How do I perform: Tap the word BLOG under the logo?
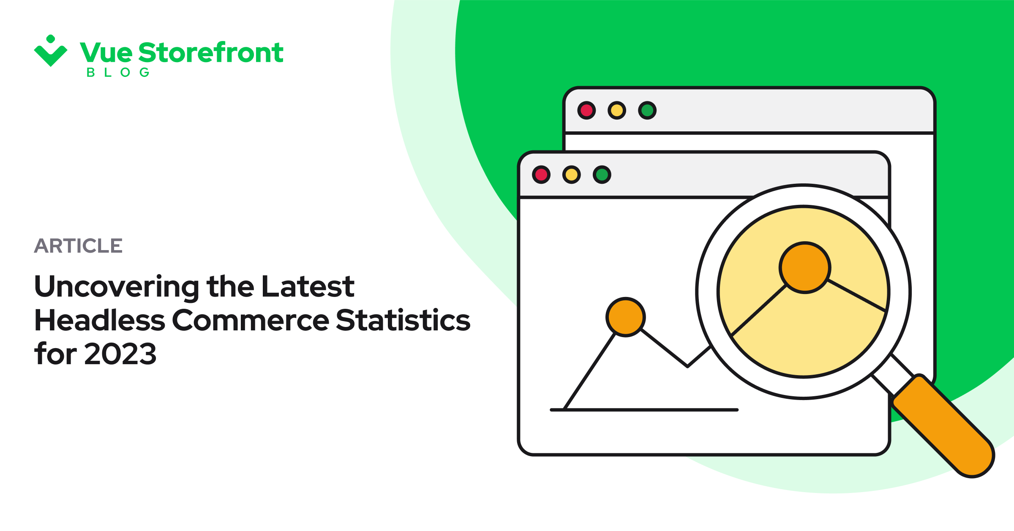118,73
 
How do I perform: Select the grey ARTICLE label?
78,245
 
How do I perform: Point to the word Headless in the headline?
100,320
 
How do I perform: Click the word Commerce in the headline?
251,320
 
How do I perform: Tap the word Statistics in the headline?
403,320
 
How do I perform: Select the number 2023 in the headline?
120,354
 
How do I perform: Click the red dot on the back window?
586,110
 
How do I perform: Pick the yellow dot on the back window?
617,110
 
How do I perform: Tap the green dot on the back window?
647,110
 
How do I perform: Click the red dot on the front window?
541,174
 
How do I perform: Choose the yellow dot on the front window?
572,174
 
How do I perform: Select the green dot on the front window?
602,174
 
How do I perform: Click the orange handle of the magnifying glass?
943,426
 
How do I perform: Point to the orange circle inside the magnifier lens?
805,267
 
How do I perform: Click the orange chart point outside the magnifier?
626,317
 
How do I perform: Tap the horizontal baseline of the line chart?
644,410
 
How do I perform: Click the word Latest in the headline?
308,286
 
